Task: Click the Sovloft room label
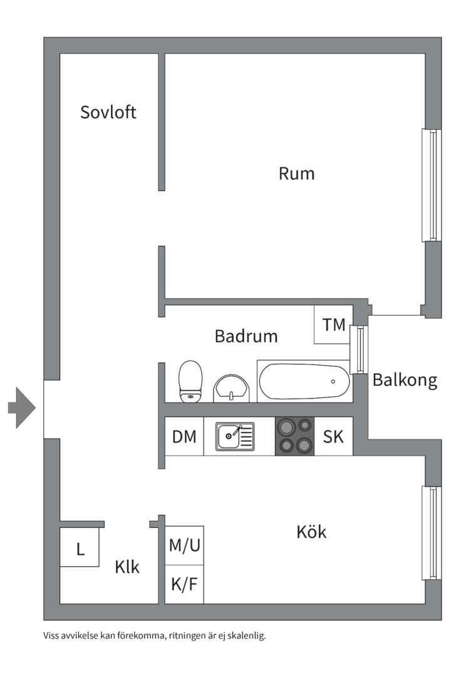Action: (108, 112)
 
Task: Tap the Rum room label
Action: (296, 173)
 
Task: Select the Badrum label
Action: (246, 336)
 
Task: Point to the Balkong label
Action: (405, 380)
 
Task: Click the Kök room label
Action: (311, 532)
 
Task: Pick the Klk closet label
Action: (127, 567)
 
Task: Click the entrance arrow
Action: (22, 407)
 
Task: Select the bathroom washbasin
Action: (232, 389)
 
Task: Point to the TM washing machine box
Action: (333, 325)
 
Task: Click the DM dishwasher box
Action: (184, 436)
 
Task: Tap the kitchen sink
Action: (235, 436)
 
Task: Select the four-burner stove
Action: (294, 436)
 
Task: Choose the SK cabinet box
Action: (333, 436)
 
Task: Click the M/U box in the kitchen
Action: (185, 545)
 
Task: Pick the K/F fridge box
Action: (185, 584)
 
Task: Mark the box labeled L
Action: (80, 548)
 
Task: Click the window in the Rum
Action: (432, 185)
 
